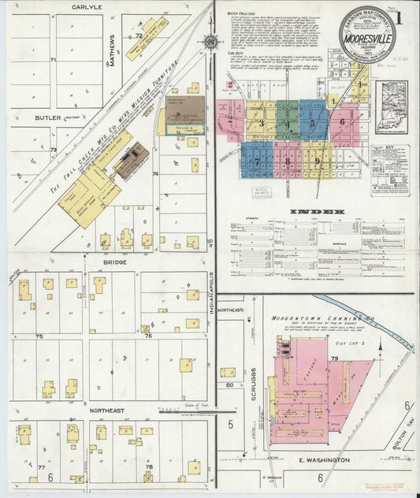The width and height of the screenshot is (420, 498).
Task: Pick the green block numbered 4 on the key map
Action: (x=288, y=124)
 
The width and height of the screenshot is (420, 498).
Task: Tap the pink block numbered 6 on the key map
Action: (x=341, y=121)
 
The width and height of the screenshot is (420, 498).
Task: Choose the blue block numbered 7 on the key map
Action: (x=257, y=160)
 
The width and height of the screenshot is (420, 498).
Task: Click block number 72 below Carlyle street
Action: (x=139, y=35)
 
